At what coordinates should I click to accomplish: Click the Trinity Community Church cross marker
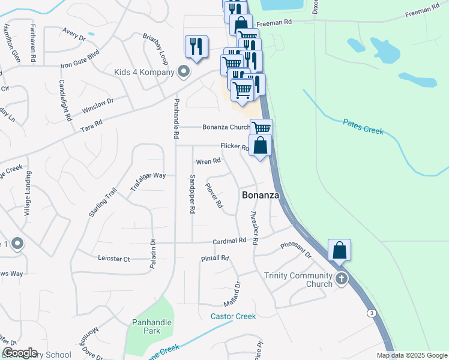pos(342,278)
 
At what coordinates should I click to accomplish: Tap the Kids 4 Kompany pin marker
pos(184,73)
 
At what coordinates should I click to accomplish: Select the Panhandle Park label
pos(152,326)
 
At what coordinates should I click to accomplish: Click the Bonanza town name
pos(261,196)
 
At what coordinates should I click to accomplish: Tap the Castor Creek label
pos(233,316)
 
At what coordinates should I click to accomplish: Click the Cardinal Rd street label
pos(229,241)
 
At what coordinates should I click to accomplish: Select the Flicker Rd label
pos(234,146)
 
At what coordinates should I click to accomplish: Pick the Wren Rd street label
pos(209,161)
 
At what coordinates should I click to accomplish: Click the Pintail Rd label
pos(215,258)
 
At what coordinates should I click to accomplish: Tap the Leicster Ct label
pos(113,259)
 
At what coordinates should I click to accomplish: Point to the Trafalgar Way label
pos(148,182)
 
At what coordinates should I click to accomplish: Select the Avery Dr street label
pos(74,35)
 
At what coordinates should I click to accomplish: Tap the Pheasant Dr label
pos(297,250)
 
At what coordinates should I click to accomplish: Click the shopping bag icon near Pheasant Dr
pos(340,251)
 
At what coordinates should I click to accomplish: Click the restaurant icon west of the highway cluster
pos(196,47)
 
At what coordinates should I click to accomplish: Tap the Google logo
pos(20,353)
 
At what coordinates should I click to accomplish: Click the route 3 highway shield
pos(372,313)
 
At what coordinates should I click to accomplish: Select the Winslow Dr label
pos(98,106)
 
